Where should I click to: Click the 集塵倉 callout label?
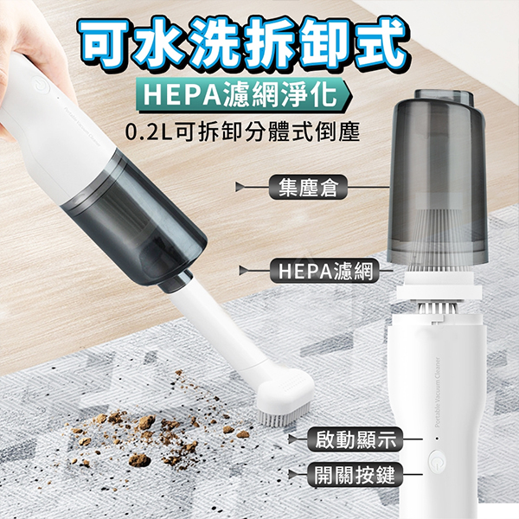pos(307,188)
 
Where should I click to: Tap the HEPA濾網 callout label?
pos(324,271)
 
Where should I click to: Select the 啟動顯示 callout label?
pos(356,439)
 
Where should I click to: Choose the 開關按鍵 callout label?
pos(356,475)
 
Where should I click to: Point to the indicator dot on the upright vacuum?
pos(437,439)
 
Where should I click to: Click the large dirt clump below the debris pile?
pos(139,459)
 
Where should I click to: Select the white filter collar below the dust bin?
pos(439,287)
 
